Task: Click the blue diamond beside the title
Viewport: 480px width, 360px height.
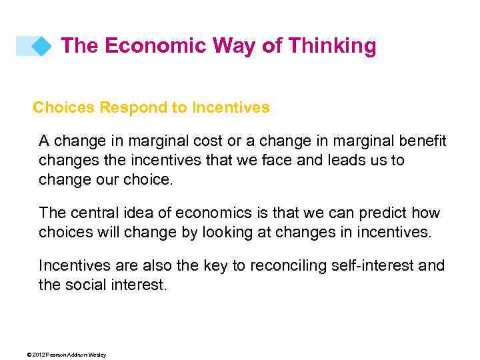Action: coord(41,47)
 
